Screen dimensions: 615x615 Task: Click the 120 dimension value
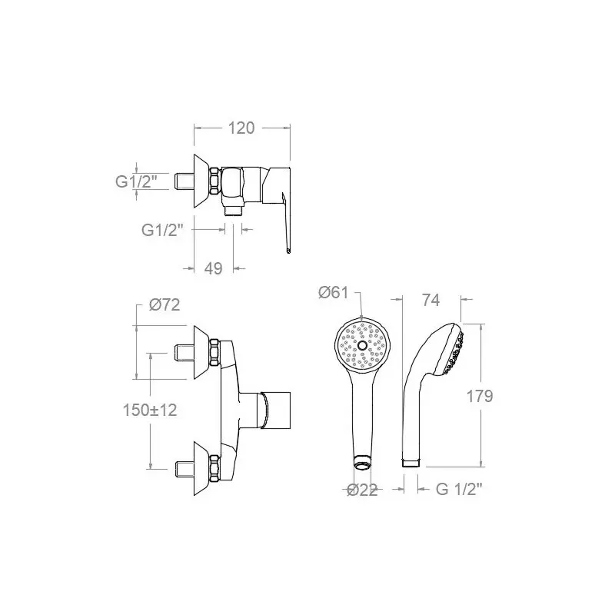click(x=241, y=128)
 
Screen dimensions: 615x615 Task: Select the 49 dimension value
click(x=214, y=268)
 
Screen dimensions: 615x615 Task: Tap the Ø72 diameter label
click(x=165, y=304)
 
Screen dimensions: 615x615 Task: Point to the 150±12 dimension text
click(x=150, y=410)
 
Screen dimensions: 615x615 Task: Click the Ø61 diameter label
click(x=333, y=292)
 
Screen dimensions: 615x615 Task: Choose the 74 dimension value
click(x=430, y=300)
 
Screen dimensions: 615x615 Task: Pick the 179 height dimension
click(x=479, y=396)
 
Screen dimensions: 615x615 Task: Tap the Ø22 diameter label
click(x=362, y=490)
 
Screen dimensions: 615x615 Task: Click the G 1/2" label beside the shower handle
click(x=459, y=489)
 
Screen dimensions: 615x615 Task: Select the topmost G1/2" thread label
click(x=136, y=181)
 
